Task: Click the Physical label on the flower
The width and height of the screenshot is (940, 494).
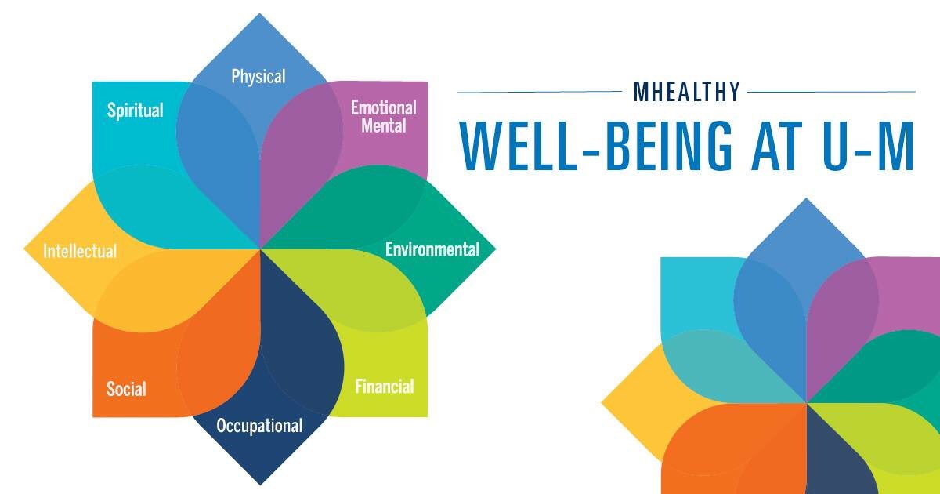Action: point(258,77)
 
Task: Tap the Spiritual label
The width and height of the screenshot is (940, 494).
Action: point(136,110)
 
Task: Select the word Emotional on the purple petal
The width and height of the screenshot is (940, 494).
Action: point(383,107)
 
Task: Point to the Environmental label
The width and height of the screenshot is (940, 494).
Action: point(432,249)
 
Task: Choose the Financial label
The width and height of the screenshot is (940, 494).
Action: point(384,387)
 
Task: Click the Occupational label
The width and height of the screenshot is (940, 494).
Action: point(259,427)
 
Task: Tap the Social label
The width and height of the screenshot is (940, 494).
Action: point(126,388)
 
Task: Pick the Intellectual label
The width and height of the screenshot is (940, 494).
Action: point(80,252)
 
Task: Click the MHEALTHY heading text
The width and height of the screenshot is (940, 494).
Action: point(687,92)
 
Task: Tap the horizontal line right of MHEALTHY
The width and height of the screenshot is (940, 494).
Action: point(831,92)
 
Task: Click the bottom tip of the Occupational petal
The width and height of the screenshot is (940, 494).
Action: point(259,483)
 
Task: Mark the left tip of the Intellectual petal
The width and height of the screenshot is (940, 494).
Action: point(26,250)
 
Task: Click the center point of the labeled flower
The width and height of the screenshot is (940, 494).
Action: point(259,249)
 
